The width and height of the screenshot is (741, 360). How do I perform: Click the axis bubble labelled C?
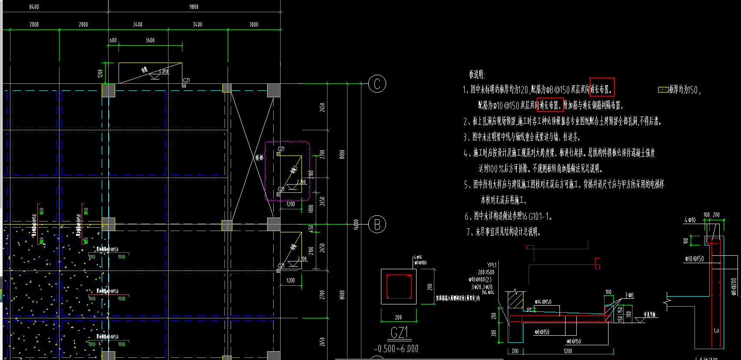[x=377, y=84]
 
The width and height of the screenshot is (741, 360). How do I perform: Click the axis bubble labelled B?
[x=377, y=225]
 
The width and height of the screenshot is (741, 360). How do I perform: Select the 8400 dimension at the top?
[x=34, y=7]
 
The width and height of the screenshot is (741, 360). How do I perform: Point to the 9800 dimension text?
[x=194, y=7]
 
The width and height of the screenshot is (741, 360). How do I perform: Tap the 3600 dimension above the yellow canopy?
[x=150, y=40]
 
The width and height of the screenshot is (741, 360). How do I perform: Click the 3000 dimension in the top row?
[x=254, y=24]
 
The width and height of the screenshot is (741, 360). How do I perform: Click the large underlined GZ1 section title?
[x=399, y=333]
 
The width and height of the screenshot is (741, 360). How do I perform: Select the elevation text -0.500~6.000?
[x=396, y=349]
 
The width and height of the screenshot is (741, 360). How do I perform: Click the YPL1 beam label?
[x=492, y=265]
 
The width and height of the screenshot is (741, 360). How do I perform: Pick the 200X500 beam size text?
[x=486, y=272]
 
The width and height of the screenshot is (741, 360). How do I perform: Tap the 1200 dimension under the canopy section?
[x=568, y=351]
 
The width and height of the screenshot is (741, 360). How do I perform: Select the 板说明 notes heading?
[x=476, y=74]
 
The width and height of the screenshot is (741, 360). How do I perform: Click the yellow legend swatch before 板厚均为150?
[x=663, y=90]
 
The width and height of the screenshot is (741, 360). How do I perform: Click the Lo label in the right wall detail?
[x=716, y=331]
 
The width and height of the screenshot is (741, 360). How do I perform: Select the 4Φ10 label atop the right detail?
[x=690, y=220]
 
